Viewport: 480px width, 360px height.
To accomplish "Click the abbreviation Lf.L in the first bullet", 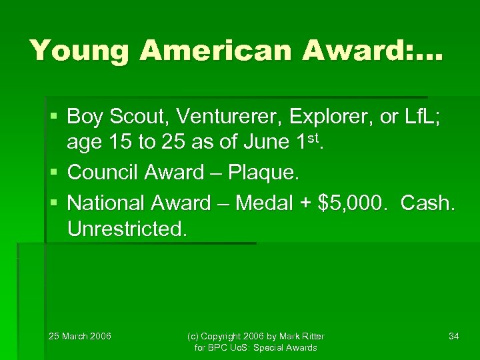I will [x=419, y=117].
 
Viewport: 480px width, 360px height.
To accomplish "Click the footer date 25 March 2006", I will [x=80, y=336].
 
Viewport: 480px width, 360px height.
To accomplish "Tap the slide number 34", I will [x=453, y=336].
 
